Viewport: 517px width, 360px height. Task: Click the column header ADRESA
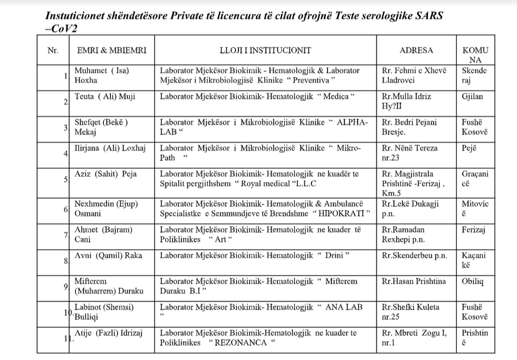pyautogui.click(x=416, y=51)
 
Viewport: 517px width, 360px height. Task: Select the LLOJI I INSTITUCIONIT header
pyautogui.click(x=265, y=51)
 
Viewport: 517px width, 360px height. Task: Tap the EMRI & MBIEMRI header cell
pyautogui.click(x=112, y=51)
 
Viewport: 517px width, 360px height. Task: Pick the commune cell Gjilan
pyautogui.click(x=472, y=96)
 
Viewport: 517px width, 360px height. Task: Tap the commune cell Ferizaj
pyautogui.click(x=474, y=230)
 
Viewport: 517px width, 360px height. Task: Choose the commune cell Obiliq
pyautogui.click(x=473, y=281)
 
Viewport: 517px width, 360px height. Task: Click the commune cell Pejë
pyautogui.click(x=470, y=148)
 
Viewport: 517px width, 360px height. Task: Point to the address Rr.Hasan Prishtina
pyautogui.click(x=414, y=281)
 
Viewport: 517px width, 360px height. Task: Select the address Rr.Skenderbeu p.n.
pyautogui.click(x=414, y=256)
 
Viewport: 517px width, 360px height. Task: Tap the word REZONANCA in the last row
pyautogui.click(x=238, y=343)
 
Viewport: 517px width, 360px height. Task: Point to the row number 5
pyautogui.click(x=66, y=179)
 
